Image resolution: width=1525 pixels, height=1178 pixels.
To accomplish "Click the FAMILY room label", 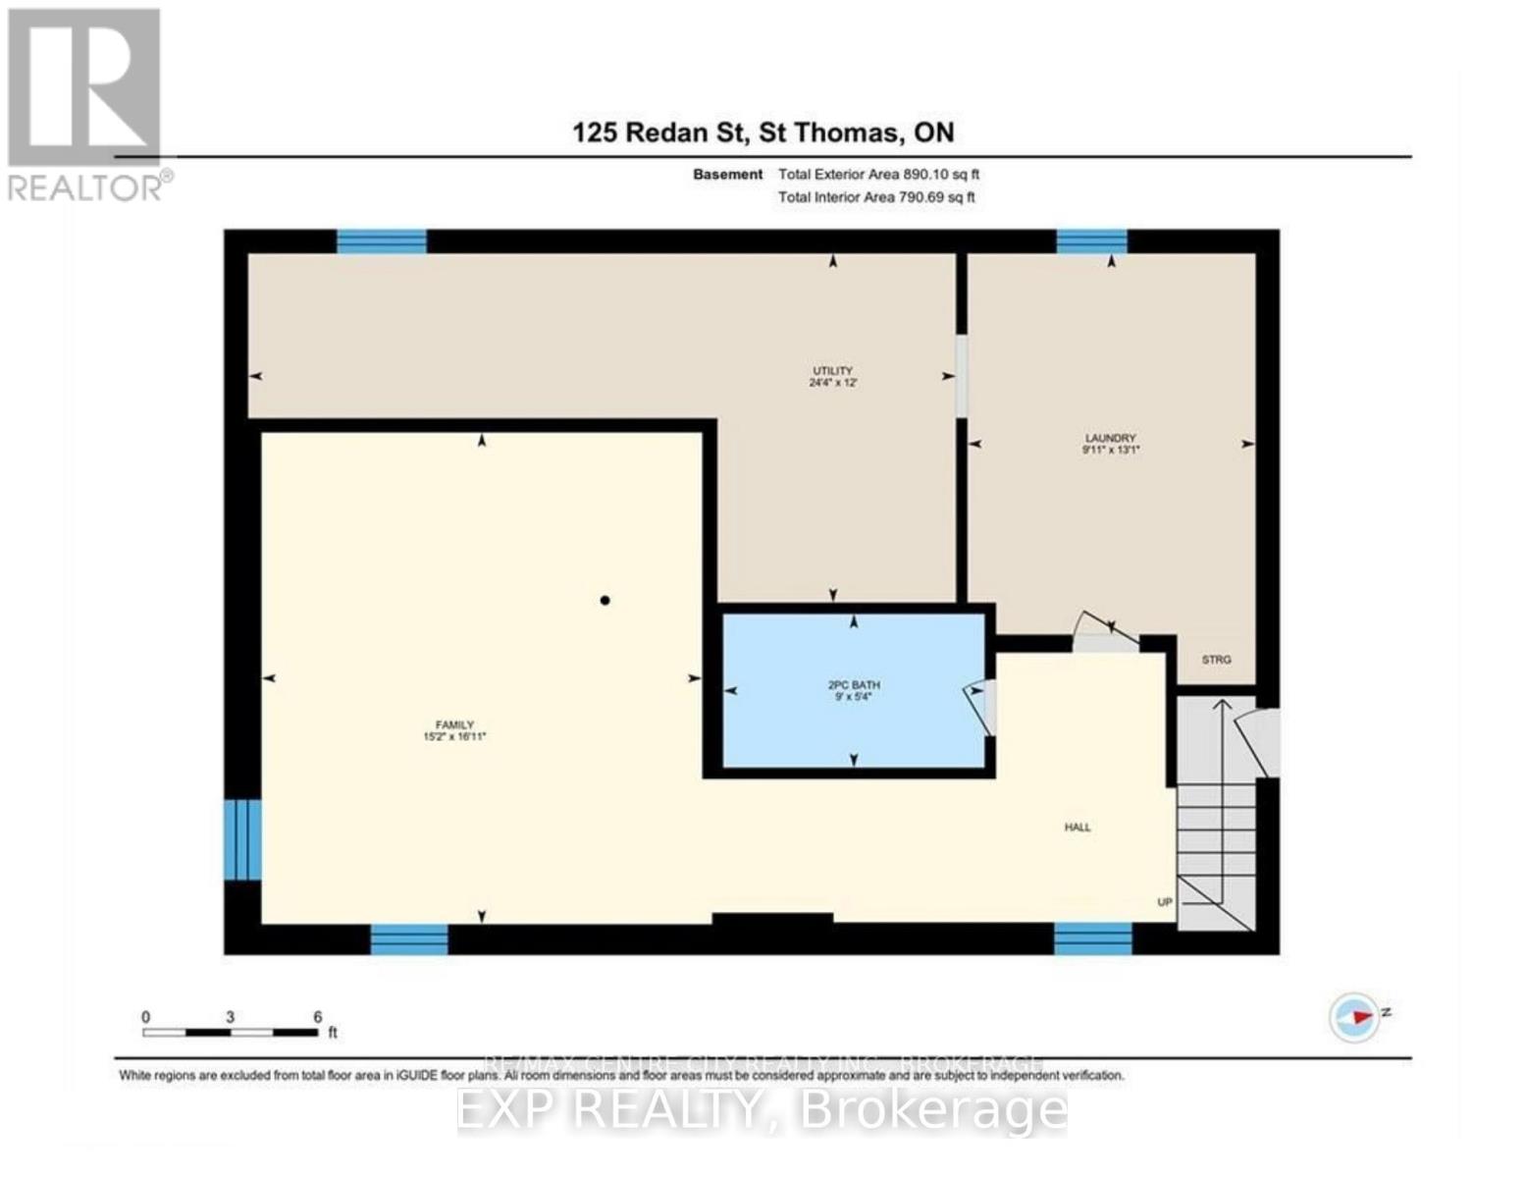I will tap(454, 730).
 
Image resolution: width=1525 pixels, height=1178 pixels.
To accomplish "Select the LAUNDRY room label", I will tap(1110, 444).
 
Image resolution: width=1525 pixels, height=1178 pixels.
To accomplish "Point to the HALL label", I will tap(1078, 828).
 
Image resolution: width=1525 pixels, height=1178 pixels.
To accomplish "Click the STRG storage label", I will tap(1216, 660).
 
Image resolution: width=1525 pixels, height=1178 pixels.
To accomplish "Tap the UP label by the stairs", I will tap(1165, 902).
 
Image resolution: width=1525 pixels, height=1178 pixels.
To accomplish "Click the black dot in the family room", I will tap(605, 601).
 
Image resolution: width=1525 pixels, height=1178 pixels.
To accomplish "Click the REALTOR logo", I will tap(85, 103).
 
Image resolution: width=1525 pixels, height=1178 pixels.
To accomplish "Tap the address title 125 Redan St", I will tap(762, 133).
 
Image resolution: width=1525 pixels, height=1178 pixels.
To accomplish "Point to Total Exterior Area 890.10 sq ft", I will tap(878, 175).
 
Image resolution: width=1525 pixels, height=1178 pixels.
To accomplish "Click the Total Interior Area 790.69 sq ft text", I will tap(876, 197).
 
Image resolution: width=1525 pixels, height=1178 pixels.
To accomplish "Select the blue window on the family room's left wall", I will tap(242, 839).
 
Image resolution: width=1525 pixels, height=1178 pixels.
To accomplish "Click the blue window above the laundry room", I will tap(1091, 241).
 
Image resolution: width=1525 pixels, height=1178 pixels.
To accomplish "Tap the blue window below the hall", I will tap(1092, 938).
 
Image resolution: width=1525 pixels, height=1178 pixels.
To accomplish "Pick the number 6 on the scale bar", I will tap(317, 1017).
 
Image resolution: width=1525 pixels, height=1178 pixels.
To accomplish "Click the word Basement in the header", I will tap(727, 175).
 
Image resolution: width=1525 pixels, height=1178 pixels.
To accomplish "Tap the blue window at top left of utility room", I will tap(382, 241).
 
